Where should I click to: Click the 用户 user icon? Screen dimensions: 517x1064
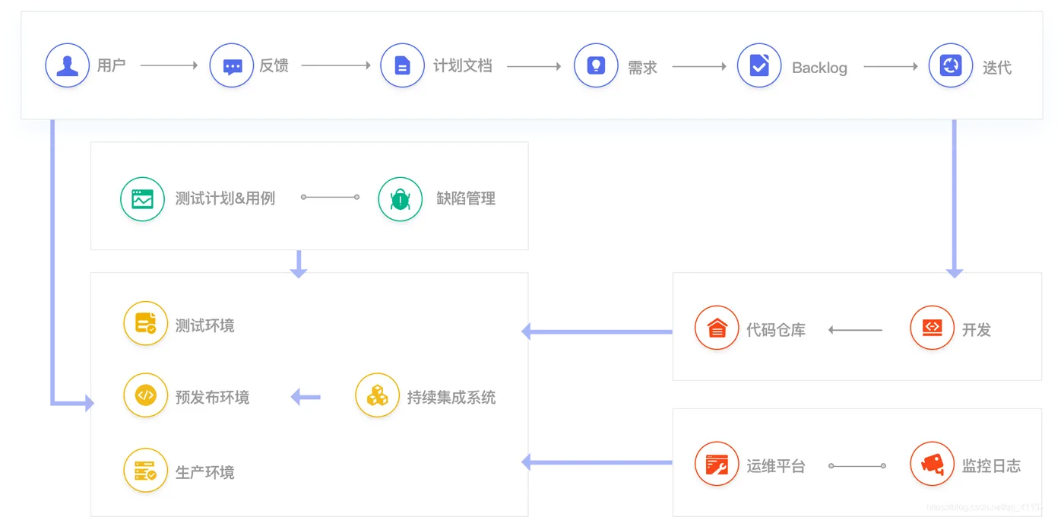pos(67,65)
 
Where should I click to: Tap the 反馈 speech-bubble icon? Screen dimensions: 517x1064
pos(232,65)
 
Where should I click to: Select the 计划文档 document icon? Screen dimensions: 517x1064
pos(402,66)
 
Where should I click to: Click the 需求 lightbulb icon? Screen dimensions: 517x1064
pos(596,66)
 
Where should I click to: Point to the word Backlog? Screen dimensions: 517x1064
pos(819,68)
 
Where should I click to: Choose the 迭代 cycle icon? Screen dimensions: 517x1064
pos(951,66)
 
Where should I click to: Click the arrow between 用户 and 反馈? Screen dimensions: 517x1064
pos(169,65)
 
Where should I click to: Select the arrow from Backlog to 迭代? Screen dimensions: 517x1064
pos(891,66)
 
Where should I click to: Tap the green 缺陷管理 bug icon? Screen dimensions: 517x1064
pos(400,199)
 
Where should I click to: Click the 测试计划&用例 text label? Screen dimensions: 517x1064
pos(225,198)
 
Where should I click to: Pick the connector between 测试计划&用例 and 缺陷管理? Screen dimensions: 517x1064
pos(331,197)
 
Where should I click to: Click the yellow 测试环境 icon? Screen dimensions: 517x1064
pos(145,324)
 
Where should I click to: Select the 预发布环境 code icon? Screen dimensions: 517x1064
pos(145,395)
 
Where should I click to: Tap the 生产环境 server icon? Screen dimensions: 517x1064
pos(145,471)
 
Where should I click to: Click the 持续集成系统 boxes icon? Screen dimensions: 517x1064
pos(377,395)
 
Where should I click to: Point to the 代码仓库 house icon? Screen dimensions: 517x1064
pos(717,328)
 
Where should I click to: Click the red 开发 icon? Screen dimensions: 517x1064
pos(932,328)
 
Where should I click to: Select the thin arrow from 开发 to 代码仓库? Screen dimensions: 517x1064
pos(855,330)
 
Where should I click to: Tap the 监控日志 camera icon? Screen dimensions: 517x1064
pos(932,464)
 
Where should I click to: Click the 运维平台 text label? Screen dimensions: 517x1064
pos(775,466)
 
